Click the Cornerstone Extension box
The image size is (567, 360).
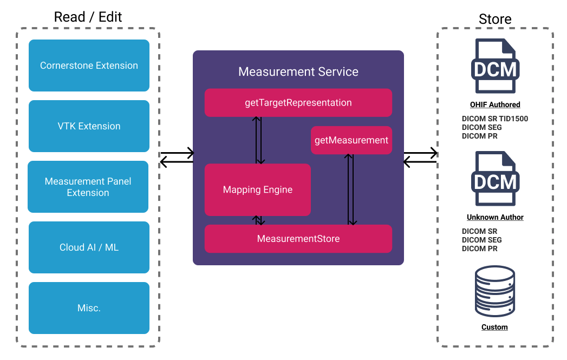coord(89,66)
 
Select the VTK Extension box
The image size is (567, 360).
coord(89,126)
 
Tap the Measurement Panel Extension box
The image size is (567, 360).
coord(88,187)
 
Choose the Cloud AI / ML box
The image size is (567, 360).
coord(89,247)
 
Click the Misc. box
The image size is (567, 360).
coord(89,308)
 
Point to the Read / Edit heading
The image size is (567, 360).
coord(88,17)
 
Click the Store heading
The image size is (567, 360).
coord(494,19)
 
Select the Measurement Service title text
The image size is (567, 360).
coord(298,71)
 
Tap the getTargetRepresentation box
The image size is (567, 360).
coord(298,103)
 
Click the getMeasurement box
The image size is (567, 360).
coord(351,140)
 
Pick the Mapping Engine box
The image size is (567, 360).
coord(257,190)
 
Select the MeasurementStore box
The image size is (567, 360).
coord(298,239)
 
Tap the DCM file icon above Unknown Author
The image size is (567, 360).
coord(494,179)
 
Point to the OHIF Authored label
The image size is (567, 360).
coord(494,104)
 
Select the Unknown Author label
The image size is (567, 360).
coord(494,217)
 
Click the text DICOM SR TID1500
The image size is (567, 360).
coord(494,119)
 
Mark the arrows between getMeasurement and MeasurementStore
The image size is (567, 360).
coord(351,189)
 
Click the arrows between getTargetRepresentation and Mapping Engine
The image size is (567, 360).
coord(259,140)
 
